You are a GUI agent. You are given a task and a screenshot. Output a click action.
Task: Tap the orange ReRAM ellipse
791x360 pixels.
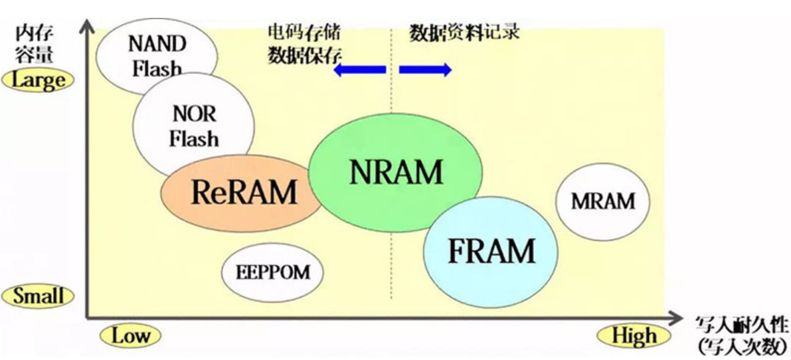pyautogui.click(x=242, y=193)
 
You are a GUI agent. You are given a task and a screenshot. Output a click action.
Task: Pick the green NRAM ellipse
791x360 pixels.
pyautogui.click(x=396, y=173)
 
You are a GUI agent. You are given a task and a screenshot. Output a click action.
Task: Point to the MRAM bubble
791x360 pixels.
pyautogui.click(x=602, y=201)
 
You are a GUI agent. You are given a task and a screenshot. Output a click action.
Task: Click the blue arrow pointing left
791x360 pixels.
pyautogui.click(x=359, y=70)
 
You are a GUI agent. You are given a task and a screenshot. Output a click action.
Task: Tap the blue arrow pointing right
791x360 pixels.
pyautogui.click(x=426, y=70)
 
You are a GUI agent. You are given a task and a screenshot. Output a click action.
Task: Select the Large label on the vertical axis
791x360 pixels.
pyautogui.click(x=39, y=80)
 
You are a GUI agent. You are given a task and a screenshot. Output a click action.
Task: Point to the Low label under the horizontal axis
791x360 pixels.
pyautogui.click(x=130, y=335)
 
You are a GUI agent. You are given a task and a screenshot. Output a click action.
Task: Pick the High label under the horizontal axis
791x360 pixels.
pyautogui.click(x=634, y=336)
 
